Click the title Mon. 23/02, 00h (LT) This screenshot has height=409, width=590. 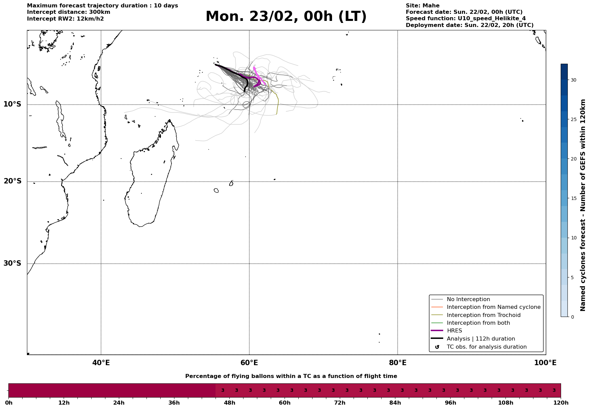coord(286,17)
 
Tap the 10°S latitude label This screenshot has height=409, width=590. coord(12,104)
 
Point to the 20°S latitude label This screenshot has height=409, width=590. coord(12,181)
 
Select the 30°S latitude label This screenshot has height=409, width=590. coord(12,263)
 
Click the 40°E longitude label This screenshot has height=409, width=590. coord(101,363)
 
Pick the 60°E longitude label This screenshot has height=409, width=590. coord(249,363)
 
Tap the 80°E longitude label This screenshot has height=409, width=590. coord(398,363)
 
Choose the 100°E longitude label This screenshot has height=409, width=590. coord(545,363)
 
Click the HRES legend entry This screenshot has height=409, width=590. coord(454,331)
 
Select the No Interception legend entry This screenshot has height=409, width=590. coord(468,299)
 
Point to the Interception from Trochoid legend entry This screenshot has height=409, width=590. coord(483,315)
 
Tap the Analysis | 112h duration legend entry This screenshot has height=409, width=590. coord(481,339)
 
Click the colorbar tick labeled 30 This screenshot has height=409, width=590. coord(573,80)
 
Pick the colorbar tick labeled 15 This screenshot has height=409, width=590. coord(573,198)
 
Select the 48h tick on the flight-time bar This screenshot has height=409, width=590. coord(230,403)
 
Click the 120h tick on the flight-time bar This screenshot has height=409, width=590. coord(561,403)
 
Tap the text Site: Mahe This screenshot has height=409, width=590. coord(422,6)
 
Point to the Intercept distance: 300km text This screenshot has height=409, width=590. coord(68,12)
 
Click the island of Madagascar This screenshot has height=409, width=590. coord(148,182)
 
